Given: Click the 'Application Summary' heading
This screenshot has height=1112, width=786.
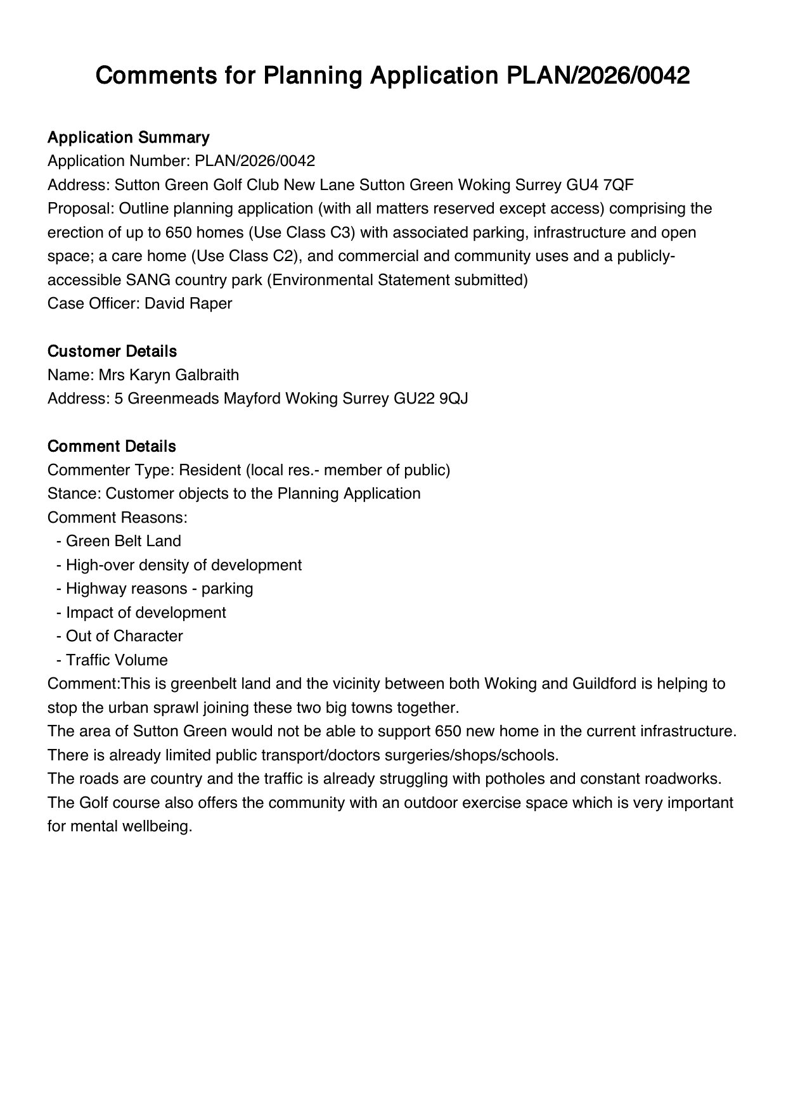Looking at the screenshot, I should [128, 137].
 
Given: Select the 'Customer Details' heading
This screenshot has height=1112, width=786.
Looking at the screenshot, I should [112, 352].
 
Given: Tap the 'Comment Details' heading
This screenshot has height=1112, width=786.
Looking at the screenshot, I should [112, 447].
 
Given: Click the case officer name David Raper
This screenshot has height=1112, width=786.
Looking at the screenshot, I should [188, 304].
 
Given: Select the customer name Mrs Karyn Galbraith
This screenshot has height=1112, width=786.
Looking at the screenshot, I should [169, 375].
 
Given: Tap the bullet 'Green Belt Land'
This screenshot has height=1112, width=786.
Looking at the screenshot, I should [123, 541].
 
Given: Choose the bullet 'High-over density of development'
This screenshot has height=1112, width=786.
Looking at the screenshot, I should [183, 565].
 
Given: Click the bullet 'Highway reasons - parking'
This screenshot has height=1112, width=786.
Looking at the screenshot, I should [159, 589].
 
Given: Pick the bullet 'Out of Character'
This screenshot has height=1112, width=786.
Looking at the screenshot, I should [124, 636].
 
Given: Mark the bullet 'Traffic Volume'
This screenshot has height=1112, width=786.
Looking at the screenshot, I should [117, 660].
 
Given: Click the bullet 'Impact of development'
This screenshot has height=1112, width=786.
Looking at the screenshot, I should [146, 613].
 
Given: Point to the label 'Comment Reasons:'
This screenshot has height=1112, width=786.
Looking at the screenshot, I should [117, 518].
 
